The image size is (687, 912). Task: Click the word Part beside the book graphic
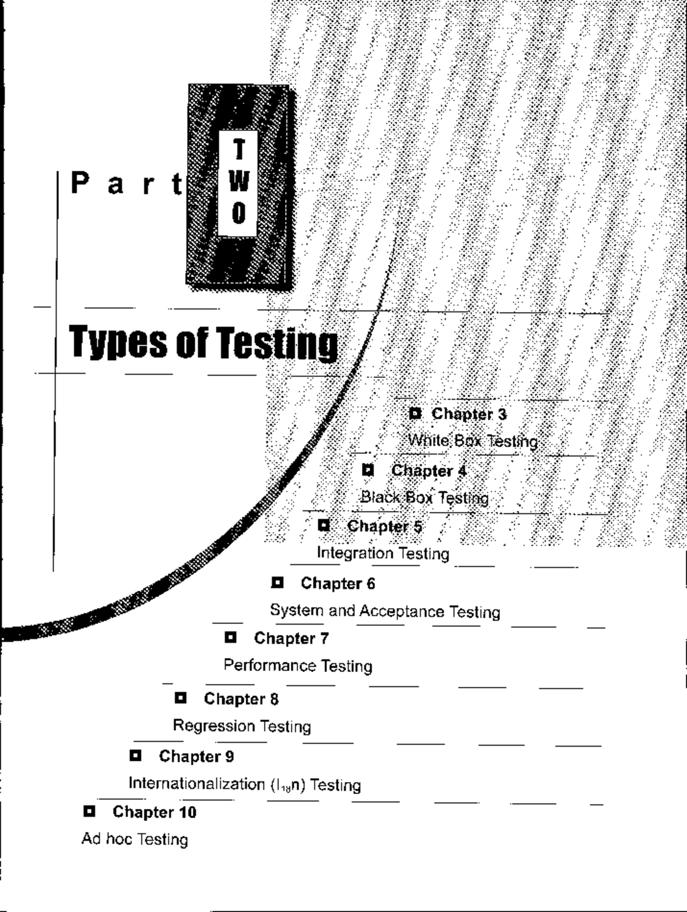(x=128, y=184)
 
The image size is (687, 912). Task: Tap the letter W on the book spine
(x=239, y=182)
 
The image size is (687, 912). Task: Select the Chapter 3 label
(x=469, y=414)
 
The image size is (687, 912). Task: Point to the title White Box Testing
(x=473, y=441)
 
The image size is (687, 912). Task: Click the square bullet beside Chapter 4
(x=368, y=471)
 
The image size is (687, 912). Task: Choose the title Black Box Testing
(x=424, y=498)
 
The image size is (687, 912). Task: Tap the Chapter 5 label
(x=385, y=526)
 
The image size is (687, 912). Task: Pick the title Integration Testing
(x=383, y=553)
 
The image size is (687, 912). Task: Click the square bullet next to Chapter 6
(x=278, y=583)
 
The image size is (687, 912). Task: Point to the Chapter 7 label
(x=291, y=638)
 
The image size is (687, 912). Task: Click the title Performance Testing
(x=298, y=666)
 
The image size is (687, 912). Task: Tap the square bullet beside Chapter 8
(x=180, y=698)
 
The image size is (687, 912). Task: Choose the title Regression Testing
(x=242, y=726)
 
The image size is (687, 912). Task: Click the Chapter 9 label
(x=196, y=756)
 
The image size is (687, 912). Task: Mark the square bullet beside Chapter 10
(x=89, y=811)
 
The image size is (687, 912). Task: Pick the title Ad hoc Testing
(x=135, y=839)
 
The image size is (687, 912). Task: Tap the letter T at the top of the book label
(x=239, y=151)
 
